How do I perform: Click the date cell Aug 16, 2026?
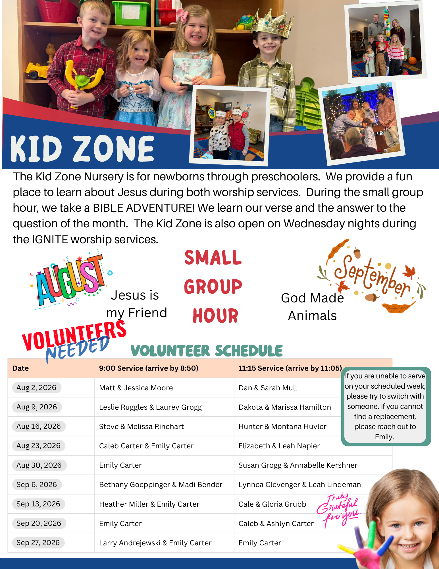[39, 426]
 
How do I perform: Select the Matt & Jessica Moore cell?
[136, 388]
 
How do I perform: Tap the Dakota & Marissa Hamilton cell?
[285, 407]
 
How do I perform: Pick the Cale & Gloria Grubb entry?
[272, 504]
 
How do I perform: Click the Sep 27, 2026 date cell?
[38, 543]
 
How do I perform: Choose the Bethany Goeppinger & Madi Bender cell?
[161, 485]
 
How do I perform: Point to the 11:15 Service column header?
[290, 368]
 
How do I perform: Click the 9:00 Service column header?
[149, 368]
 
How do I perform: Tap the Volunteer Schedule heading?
[207, 351]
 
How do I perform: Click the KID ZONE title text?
[82, 149]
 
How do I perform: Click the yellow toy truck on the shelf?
[37, 70]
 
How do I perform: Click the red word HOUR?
[215, 316]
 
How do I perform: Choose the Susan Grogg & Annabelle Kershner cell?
[298, 465]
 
